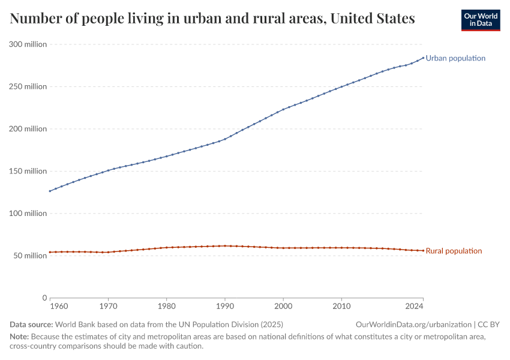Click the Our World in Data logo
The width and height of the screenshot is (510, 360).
coord(480,20)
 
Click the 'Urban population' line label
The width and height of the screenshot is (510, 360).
coord(455,58)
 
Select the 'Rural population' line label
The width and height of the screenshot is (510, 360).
coord(454,251)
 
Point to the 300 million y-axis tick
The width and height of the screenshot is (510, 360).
coord(28,44)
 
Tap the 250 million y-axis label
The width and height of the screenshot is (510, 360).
coord(28,86)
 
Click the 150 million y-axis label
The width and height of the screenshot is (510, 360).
coord(28,171)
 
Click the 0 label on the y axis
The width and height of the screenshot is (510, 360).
coord(44,298)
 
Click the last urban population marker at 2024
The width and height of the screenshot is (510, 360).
coord(423,58)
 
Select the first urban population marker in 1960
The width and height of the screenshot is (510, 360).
coord(50,191)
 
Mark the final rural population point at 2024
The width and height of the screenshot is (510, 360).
coord(423,250)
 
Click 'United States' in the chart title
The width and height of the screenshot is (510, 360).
coord(373,19)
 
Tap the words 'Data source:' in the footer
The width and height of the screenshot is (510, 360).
coord(31,324)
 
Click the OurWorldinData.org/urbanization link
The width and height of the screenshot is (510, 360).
coord(413,324)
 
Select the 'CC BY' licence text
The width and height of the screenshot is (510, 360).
coord(488,324)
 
